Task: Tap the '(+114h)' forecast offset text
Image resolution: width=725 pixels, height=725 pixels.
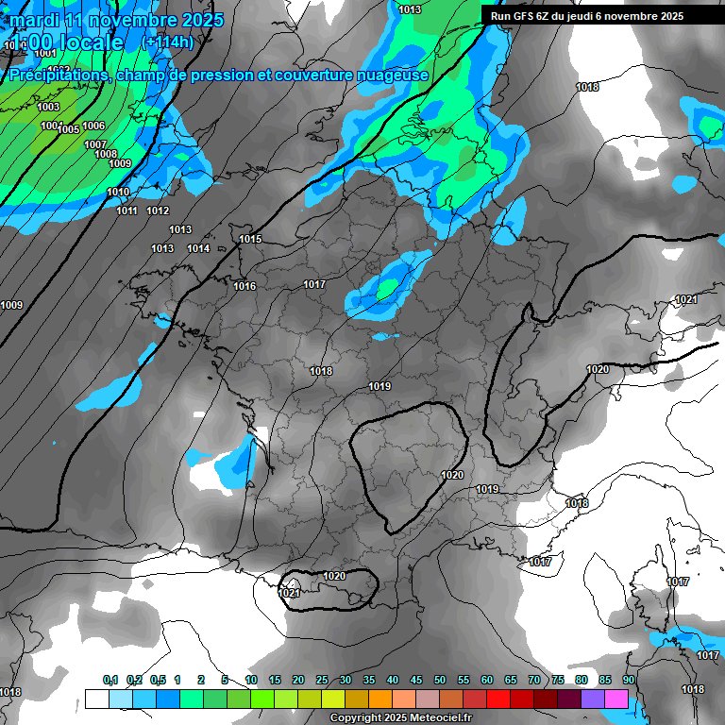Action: (x=167, y=42)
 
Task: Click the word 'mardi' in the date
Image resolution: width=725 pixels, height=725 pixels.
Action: (x=33, y=20)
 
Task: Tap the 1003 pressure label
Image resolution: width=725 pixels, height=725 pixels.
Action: (x=48, y=108)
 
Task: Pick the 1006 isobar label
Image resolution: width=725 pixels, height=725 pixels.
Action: (x=93, y=126)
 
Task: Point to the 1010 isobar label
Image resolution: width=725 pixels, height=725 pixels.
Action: (x=118, y=193)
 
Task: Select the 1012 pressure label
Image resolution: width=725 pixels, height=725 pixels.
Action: (x=158, y=211)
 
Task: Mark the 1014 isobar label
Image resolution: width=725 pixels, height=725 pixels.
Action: (x=198, y=249)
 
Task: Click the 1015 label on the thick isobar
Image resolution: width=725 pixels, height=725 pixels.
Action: (x=250, y=240)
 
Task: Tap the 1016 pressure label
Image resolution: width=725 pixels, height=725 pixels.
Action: (x=244, y=286)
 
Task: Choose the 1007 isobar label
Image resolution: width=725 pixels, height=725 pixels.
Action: (x=95, y=145)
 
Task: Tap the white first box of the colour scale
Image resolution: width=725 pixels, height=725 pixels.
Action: (x=96, y=699)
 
